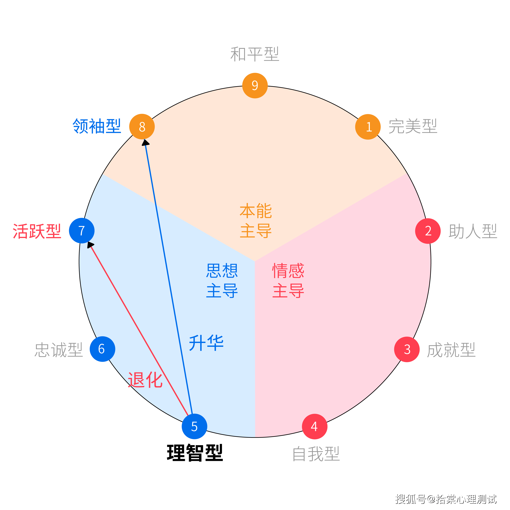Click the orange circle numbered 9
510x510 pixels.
point(255,86)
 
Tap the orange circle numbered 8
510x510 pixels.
point(142,127)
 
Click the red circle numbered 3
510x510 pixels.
point(407,349)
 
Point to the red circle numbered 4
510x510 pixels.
point(314,426)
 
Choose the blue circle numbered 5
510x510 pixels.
point(194,426)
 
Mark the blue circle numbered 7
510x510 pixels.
point(82,231)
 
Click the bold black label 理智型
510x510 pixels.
point(195,453)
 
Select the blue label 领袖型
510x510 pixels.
point(97,126)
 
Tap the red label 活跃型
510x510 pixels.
point(37,231)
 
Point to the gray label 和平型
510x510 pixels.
point(255,54)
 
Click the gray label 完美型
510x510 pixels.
point(413,126)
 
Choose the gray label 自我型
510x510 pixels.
point(316,454)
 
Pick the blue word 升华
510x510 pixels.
point(206,343)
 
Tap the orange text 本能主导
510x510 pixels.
point(255,221)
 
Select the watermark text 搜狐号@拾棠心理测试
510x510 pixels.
point(446,499)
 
